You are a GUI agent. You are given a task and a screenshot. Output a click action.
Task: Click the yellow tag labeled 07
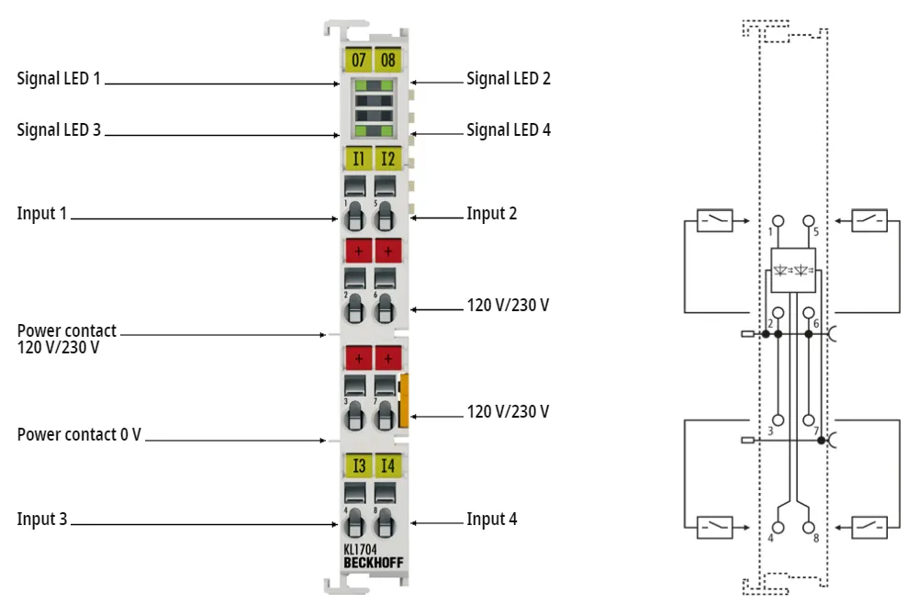pyautogui.click(x=358, y=60)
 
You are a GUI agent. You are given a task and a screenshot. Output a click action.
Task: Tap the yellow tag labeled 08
pyautogui.click(x=388, y=60)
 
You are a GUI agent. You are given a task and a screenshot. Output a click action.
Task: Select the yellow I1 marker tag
pyautogui.click(x=358, y=158)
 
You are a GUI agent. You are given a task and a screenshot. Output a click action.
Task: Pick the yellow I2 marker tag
pyautogui.click(x=388, y=158)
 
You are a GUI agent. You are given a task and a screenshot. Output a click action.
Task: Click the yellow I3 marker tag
pyautogui.click(x=358, y=465)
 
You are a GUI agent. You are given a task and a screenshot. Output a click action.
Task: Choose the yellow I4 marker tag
pyautogui.click(x=388, y=465)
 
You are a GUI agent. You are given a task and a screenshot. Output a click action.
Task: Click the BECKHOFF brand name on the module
pyautogui.click(x=374, y=563)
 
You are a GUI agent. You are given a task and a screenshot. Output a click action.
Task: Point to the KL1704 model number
pyautogui.click(x=360, y=549)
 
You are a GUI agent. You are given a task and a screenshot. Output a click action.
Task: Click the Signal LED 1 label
pyautogui.click(x=59, y=78)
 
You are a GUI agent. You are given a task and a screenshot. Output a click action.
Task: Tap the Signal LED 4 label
pyautogui.click(x=509, y=130)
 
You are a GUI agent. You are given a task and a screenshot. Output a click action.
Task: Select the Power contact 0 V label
pyautogui.click(x=79, y=434)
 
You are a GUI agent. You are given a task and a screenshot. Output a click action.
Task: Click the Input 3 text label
pyautogui.click(x=42, y=519)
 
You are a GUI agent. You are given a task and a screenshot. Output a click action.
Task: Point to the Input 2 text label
pyautogui.click(x=492, y=214)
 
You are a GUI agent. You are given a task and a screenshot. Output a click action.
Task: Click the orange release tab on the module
pyautogui.click(x=403, y=400)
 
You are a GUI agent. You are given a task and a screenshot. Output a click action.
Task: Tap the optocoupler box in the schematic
pyautogui.click(x=793, y=271)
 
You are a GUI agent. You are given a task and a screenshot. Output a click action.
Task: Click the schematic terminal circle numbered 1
pyautogui.click(x=778, y=220)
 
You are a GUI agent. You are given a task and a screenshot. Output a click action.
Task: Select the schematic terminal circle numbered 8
pyautogui.click(x=809, y=527)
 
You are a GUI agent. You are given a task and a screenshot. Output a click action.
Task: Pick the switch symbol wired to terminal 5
pyautogui.click(x=869, y=220)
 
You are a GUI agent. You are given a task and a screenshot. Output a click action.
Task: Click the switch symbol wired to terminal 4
pyautogui.click(x=715, y=527)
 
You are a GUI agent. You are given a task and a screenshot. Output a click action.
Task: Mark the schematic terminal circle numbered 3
pyautogui.click(x=778, y=419)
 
